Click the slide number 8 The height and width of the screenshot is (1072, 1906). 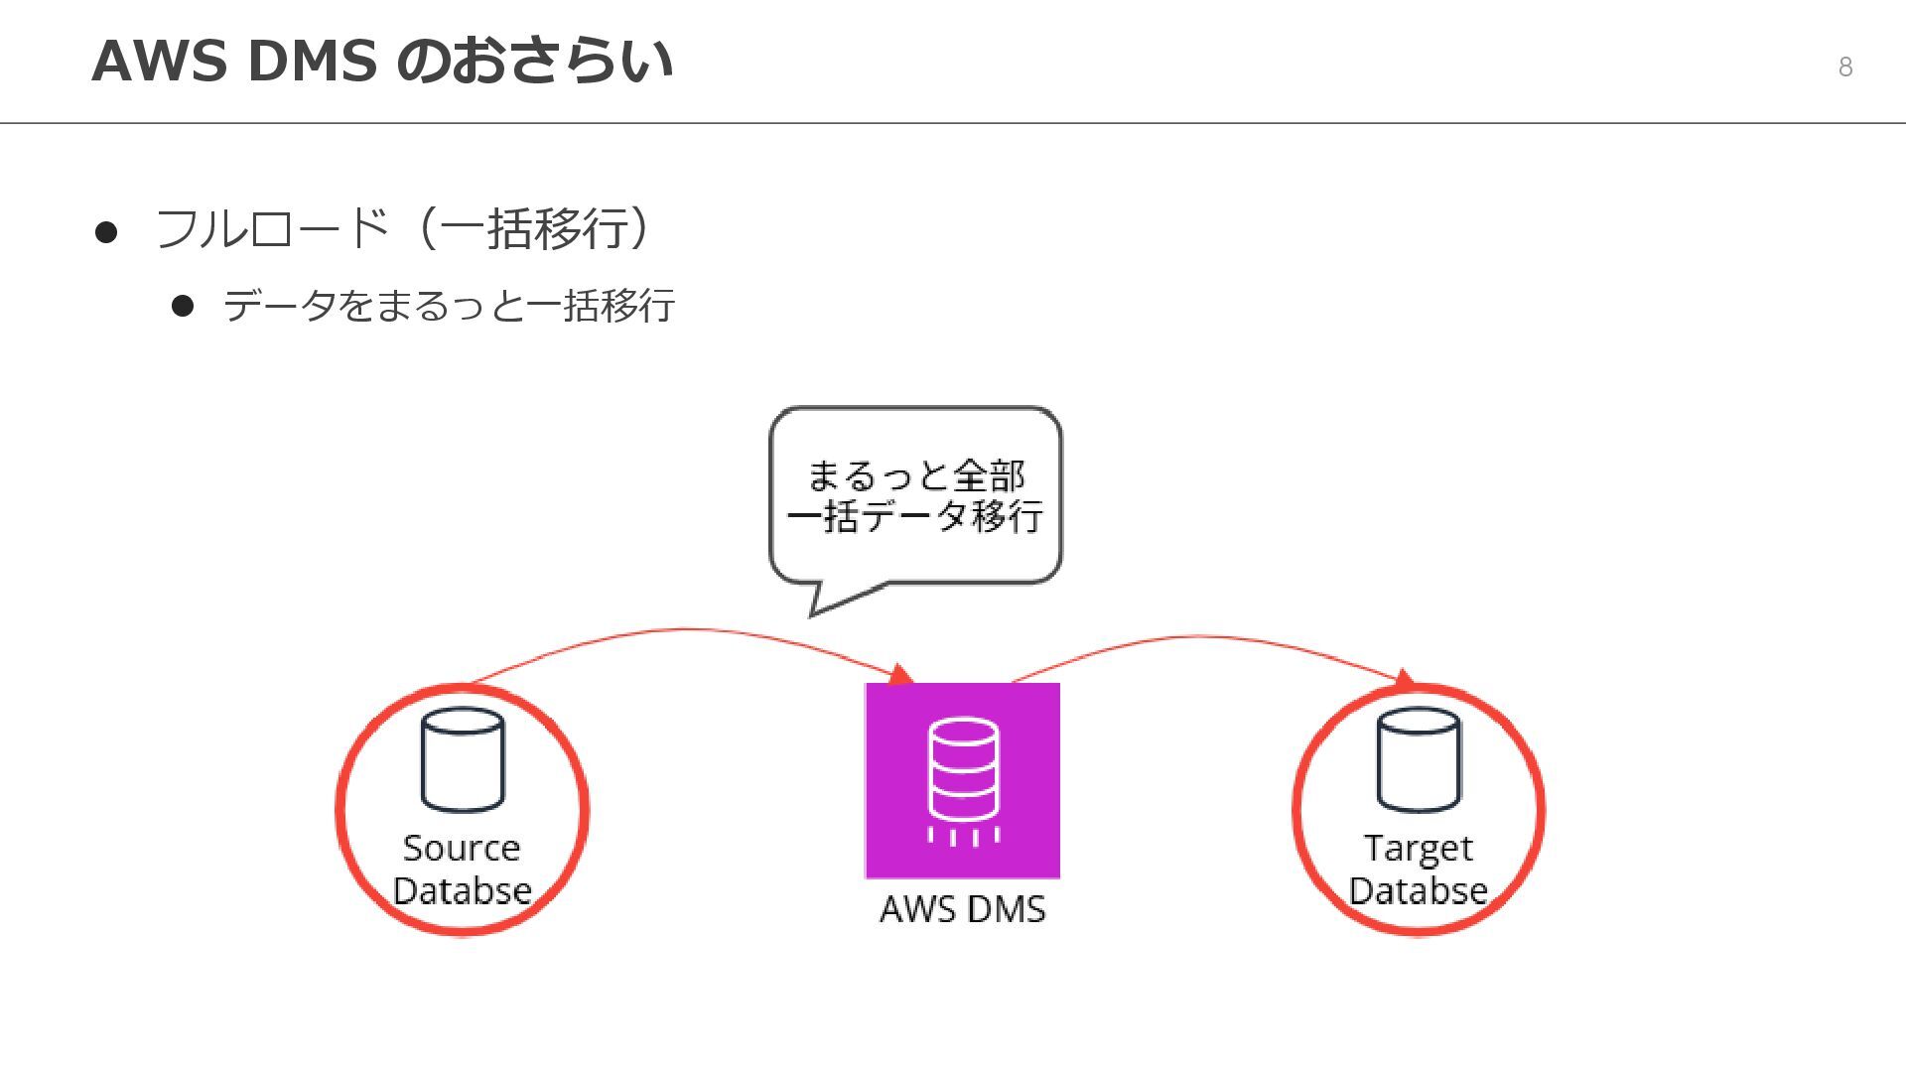(x=1844, y=67)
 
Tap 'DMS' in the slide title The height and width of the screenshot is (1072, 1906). (x=312, y=61)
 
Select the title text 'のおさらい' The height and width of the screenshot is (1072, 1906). (x=534, y=61)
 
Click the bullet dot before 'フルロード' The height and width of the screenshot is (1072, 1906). (x=106, y=232)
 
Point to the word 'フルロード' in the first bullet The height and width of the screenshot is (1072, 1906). (x=271, y=229)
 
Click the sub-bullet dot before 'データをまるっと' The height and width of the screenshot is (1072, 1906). (x=182, y=306)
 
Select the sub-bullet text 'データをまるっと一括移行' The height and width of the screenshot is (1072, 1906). (x=449, y=306)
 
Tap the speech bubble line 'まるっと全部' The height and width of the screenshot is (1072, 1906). (x=915, y=475)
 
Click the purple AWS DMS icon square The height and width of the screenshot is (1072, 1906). (x=962, y=780)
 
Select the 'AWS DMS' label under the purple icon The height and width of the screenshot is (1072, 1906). (x=962, y=909)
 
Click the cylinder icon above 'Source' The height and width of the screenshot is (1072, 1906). (x=463, y=759)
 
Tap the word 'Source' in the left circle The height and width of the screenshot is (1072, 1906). (x=462, y=848)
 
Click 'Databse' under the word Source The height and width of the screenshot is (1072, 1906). (x=462, y=890)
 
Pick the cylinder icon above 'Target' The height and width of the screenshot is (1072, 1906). (x=1418, y=759)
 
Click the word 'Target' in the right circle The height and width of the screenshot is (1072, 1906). (x=1418, y=849)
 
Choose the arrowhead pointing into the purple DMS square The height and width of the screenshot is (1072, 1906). (x=900, y=675)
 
